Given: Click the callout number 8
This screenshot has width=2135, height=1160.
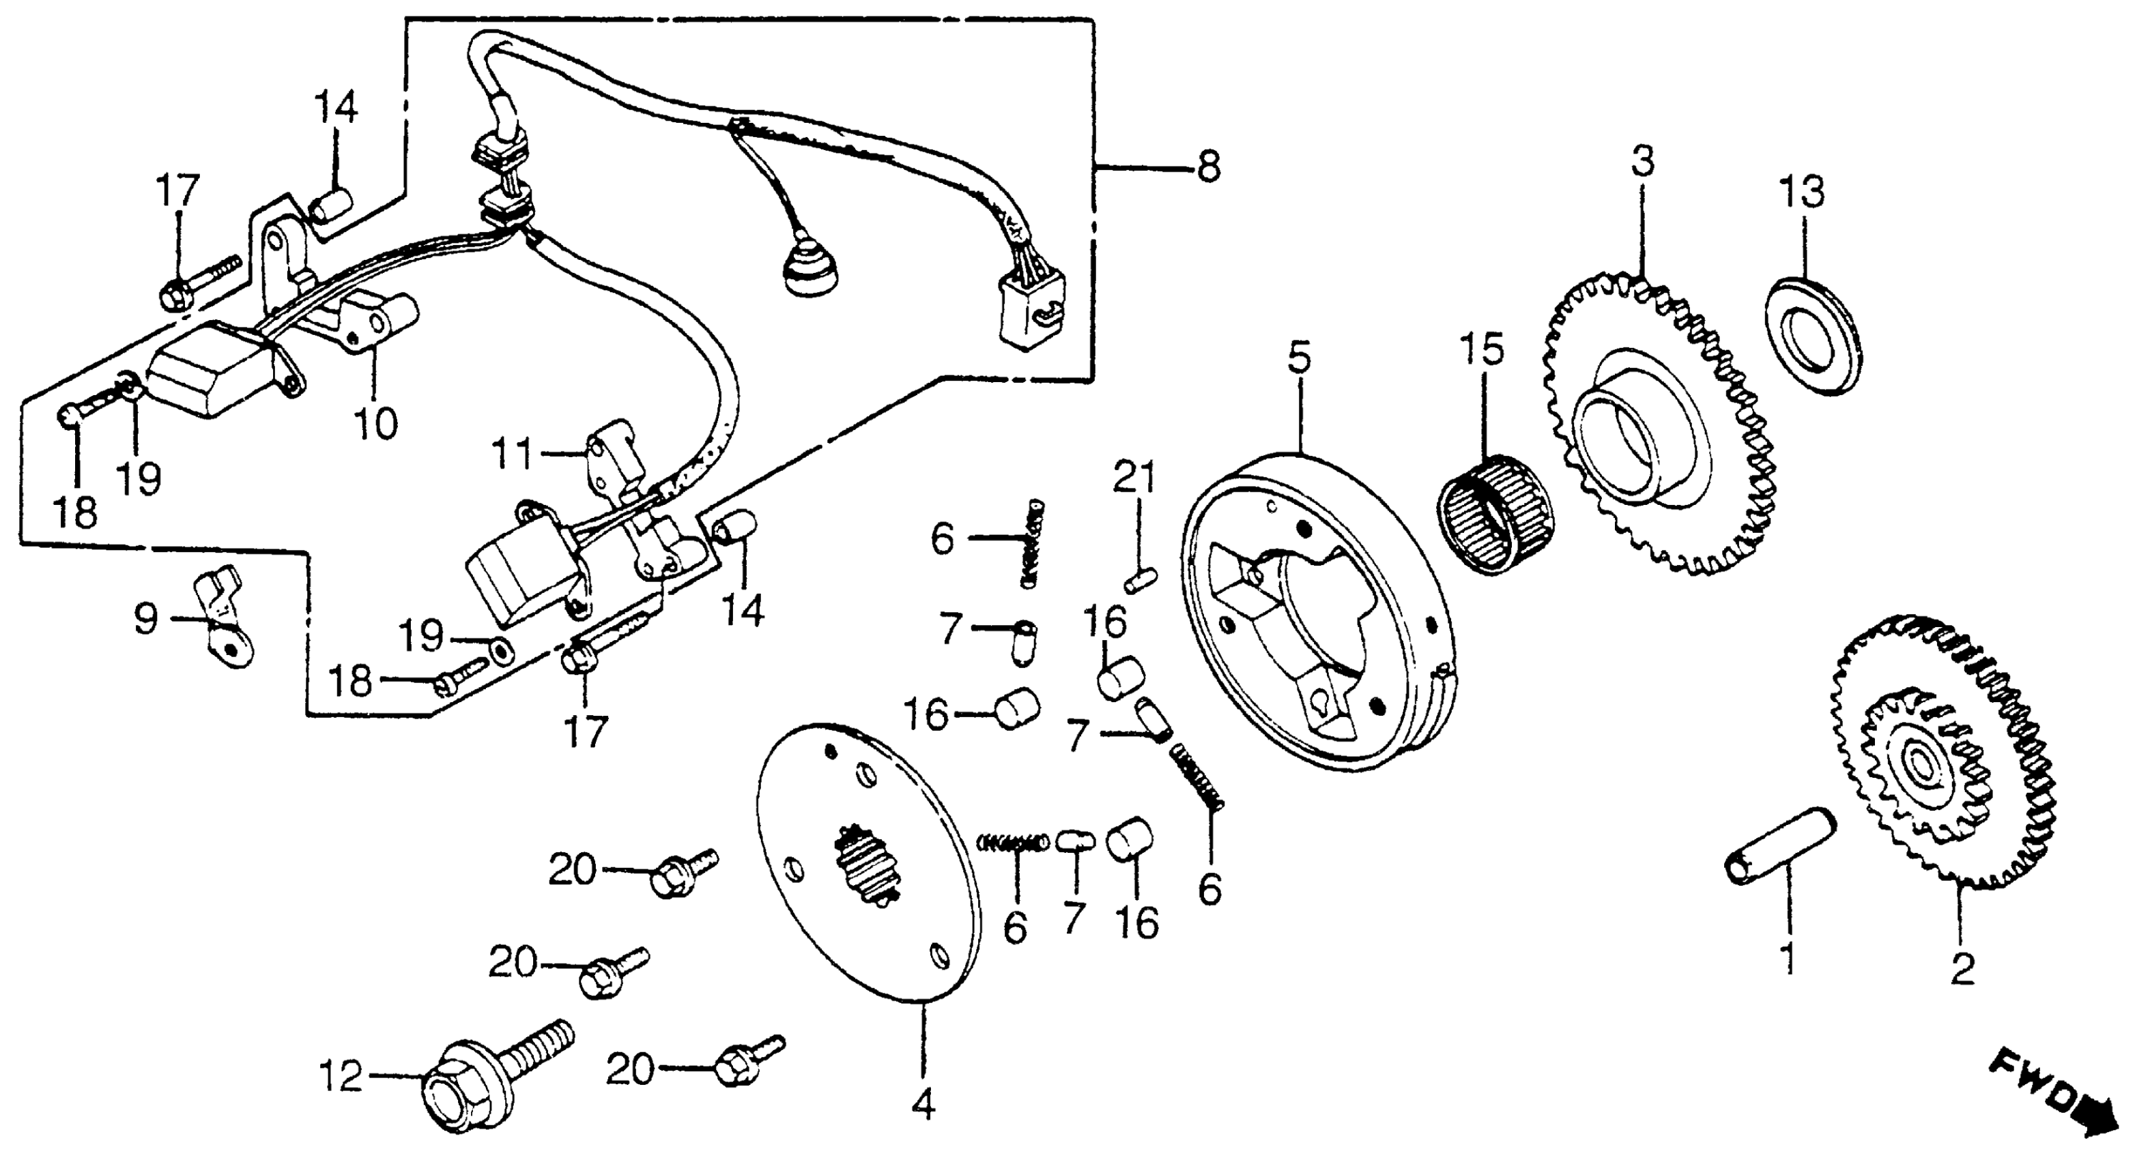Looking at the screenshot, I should point(1209,167).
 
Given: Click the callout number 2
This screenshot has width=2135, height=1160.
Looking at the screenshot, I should point(1962,967).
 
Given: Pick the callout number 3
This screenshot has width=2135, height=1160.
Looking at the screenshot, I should point(1643,162).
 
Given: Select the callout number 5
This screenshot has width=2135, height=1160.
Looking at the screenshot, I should point(1300,358).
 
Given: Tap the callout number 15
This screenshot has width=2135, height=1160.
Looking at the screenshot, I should point(1481,351).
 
